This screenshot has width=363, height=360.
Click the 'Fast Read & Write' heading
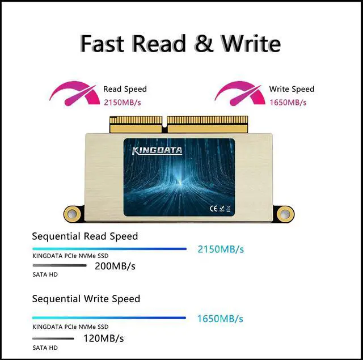pos(180,43)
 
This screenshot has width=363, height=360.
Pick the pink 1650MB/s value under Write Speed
pos(288,103)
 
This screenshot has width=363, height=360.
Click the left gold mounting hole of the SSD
pos(71,213)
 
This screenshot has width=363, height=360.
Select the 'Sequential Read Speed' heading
pos(85,236)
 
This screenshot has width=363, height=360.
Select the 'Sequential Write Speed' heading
pos(86,298)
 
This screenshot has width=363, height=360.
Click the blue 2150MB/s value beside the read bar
pos(221,249)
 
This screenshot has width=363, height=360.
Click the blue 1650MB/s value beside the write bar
pos(220,318)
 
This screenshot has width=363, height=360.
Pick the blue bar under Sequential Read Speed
pos(109,248)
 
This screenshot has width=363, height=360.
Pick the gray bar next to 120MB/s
pos(53,338)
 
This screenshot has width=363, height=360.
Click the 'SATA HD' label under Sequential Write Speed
pos(45,348)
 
